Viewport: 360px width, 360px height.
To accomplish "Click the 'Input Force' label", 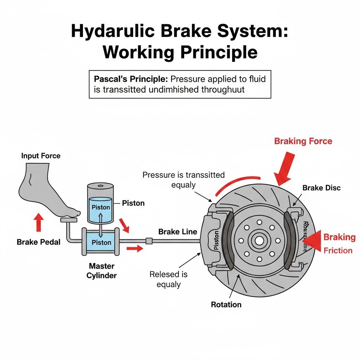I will pyautogui.click(x=41, y=155).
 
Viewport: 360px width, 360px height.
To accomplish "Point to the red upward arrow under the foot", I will pyautogui.click(x=39, y=223).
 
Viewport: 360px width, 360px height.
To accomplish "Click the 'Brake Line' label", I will pyautogui.click(x=178, y=232).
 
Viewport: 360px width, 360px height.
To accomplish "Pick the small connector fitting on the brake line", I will pyautogui.click(x=149, y=241).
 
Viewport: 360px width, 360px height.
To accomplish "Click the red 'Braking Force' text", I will pyautogui.click(x=303, y=141).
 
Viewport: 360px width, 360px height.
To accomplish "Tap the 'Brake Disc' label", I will pyautogui.click(x=321, y=188).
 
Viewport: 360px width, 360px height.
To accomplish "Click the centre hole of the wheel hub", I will pyautogui.click(x=259, y=241).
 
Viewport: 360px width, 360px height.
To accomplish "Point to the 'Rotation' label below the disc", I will pyautogui.click(x=226, y=304).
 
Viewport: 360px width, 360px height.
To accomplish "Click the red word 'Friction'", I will pyautogui.click(x=338, y=250).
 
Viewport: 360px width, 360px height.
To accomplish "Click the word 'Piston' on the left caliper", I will pyautogui.click(x=216, y=240).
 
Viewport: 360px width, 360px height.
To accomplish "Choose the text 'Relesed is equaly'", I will pyautogui.click(x=168, y=279).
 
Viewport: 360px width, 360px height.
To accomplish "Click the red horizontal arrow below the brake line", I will pyautogui.click(x=135, y=249).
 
